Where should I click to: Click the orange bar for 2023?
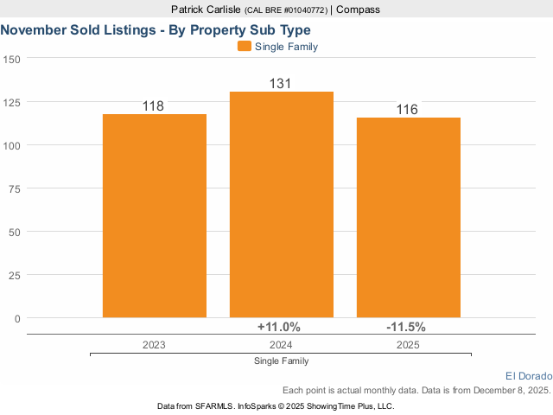coord(155,216)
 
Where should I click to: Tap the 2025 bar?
coord(409,218)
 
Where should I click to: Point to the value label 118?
coord(153,106)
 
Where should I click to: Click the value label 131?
coord(280,84)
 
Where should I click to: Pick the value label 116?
coord(407,110)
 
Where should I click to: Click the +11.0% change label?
coord(279,327)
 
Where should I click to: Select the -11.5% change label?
coord(406,327)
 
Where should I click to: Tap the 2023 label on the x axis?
coord(154,344)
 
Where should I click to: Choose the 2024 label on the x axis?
coord(281,344)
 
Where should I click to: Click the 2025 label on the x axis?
coord(408,344)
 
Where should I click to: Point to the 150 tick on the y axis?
coord(11,59)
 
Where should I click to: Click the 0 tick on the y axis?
coord(16,318)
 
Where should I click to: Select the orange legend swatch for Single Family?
coord(245,47)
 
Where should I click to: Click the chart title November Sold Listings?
coord(156,29)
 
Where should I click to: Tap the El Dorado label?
coord(527,375)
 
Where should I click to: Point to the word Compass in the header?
coord(358,10)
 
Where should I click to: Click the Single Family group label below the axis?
coord(282,361)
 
